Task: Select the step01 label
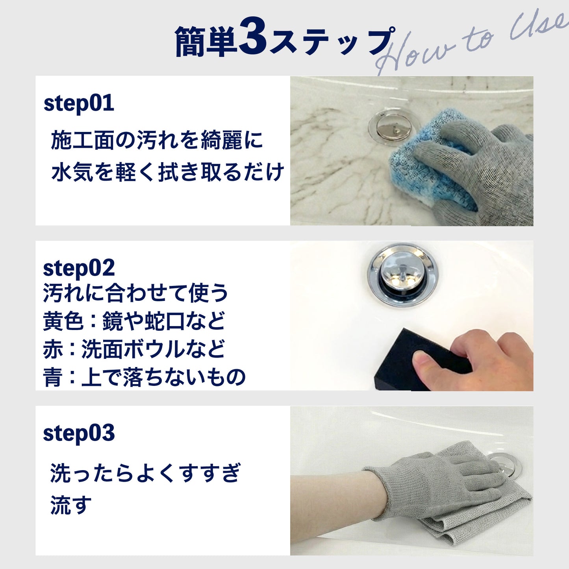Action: (79, 103)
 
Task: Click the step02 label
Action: (79, 268)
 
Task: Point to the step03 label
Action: (79, 433)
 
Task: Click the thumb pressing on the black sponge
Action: (427, 360)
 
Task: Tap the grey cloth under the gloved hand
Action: (473, 520)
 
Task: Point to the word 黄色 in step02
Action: (63, 321)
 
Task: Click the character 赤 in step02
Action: (53, 349)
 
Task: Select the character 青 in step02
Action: (53, 377)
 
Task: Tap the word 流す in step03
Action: (71, 505)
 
